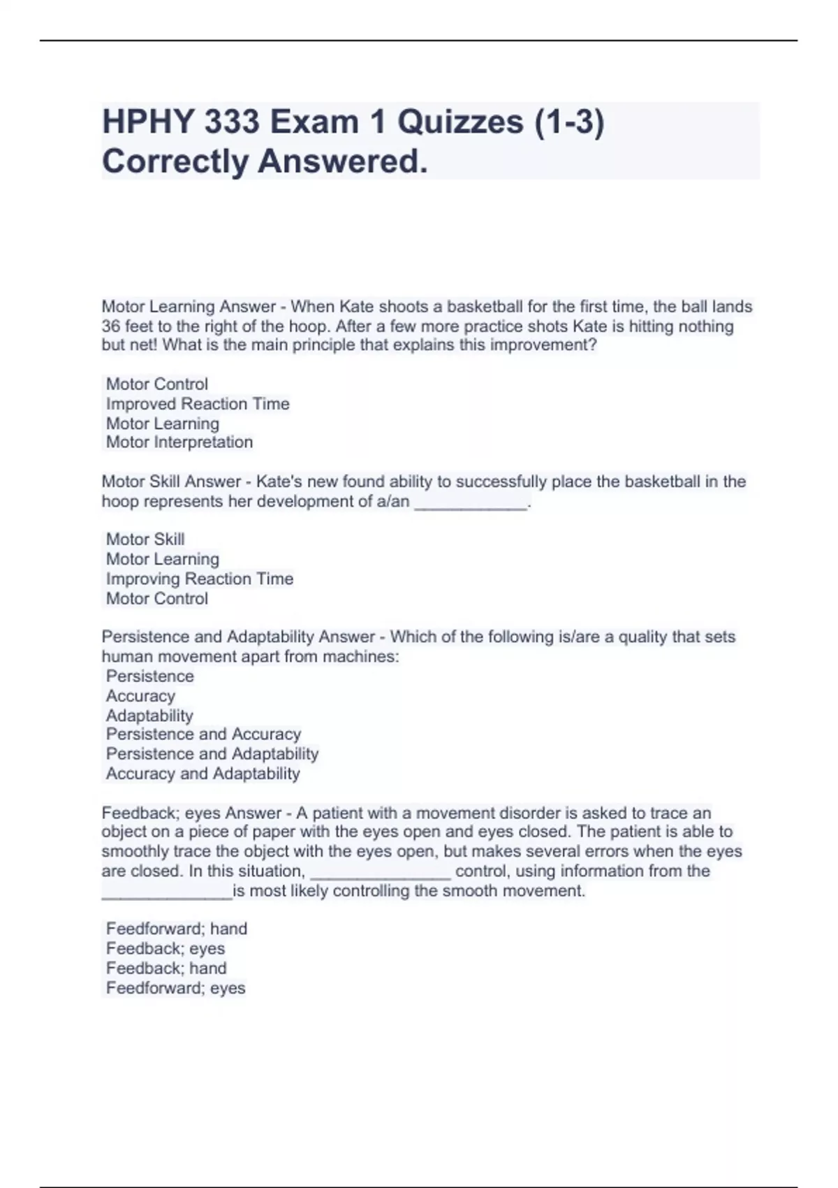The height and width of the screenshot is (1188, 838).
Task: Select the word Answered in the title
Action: click(342, 161)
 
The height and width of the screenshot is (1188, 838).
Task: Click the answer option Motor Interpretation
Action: click(179, 442)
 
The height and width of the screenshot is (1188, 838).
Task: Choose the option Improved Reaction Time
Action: click(198, 404)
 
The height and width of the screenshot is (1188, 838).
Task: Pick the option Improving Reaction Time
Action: click(200, 579)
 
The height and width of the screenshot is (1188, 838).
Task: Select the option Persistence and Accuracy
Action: click(203, 734)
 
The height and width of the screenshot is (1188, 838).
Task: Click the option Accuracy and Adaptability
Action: click(203, 774)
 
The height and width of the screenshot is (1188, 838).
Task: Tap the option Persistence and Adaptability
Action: click(212, 754)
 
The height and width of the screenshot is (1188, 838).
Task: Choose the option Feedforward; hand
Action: click(177, 929)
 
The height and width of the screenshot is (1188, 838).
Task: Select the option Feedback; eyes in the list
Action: click(166, 948)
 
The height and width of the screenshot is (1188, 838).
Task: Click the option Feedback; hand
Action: click(166, 968)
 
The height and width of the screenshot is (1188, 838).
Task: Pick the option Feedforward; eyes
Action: click(176, 988)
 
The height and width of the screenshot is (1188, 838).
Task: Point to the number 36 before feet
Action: click(111, 326)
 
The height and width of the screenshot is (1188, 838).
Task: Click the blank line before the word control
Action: click(381, 874)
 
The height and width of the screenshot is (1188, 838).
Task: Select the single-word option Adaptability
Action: click(149, 716)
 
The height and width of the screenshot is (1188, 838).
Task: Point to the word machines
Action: click(360, 657)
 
